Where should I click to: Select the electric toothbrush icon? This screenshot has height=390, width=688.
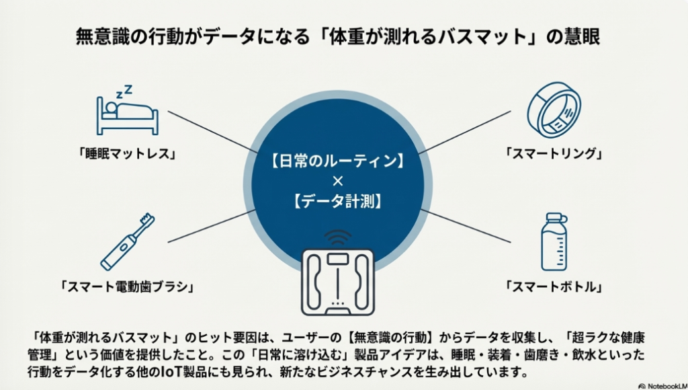(x=128, y=241)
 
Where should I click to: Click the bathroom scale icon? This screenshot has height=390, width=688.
(x=338, y=282)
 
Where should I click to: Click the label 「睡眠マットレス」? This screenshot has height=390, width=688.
(x=127, y=154)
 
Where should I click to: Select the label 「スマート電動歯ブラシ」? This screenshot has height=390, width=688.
(x=127, y=287)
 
